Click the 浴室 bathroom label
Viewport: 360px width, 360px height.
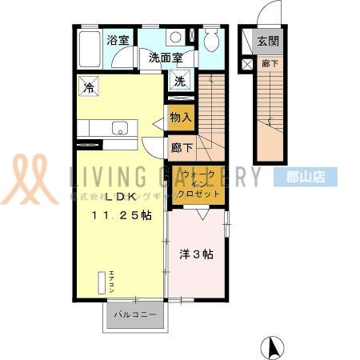[x=118, y=39]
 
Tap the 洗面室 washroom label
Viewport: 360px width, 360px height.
[x=166, y=58]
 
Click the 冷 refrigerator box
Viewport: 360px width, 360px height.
[x=90, y=86]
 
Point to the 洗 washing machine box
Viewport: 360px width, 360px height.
[x=179, y=81]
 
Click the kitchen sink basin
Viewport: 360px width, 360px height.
[x=119, y=127]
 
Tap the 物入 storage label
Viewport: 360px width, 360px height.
[x=181, y=118]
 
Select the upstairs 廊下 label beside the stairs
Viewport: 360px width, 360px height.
[x=181, y=147]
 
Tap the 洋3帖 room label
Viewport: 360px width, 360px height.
[x=195, y=255]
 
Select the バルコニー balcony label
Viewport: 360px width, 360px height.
[x=134, y=314]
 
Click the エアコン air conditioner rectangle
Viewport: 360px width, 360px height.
[x=102, y=284]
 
